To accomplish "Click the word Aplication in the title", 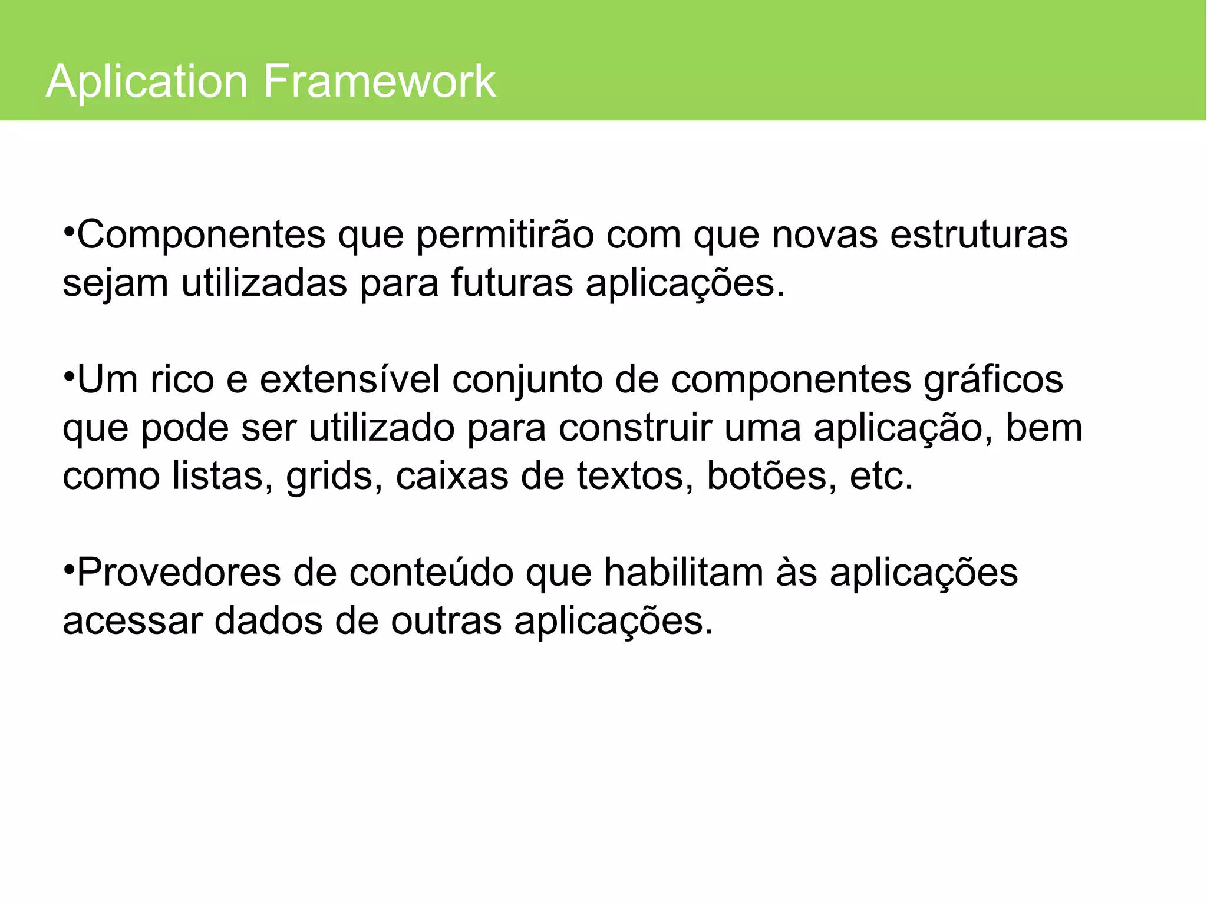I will (147, 81).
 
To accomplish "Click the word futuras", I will (512, 283).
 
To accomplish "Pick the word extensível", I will (350, 379).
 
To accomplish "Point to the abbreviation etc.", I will (881, 476).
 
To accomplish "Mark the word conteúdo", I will (431, 573).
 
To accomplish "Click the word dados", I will (268, 620).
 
